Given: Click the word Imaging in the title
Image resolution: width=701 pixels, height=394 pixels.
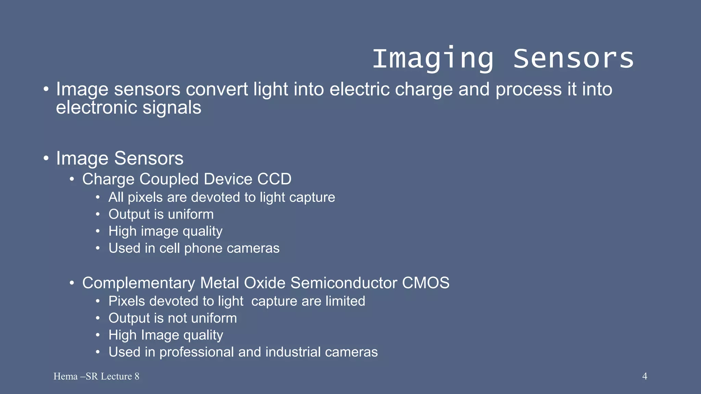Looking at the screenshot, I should [433, 59].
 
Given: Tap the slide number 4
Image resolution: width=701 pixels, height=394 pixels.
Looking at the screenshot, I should [645, 376].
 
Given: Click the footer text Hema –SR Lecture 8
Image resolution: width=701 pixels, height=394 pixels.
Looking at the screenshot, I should [96, 376].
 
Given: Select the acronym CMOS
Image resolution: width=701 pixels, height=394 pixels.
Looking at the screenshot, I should [425, 283].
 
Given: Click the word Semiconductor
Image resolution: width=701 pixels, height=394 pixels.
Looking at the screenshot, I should [344, 283].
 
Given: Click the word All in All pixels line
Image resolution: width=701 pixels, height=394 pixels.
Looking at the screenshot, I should [116, 197].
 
